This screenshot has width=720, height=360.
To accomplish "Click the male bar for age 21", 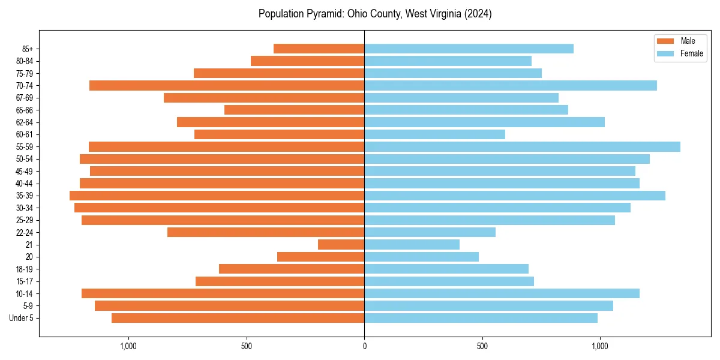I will [x=341, y=245].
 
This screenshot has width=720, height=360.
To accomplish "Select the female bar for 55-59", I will [x=522, y=147].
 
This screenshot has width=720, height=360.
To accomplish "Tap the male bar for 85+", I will [x=319, y=49].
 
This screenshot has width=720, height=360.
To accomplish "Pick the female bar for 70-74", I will [x=511, y=86].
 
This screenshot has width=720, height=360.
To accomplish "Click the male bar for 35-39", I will [x=217, y=196].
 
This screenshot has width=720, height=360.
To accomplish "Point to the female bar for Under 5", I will [x=481, y=318].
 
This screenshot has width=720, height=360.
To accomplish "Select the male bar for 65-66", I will [x=294, y=110].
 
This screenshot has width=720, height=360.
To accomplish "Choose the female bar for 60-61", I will [x=434, y=134].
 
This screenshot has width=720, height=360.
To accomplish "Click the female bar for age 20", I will [x=421, y=257].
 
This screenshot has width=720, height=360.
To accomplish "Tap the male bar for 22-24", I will [x=266, y=232].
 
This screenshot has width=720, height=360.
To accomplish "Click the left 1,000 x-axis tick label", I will [x=129, y=346].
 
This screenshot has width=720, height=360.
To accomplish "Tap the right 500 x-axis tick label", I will [x=482, y=346].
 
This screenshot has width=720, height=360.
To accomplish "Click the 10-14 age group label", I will [x=25, y=294].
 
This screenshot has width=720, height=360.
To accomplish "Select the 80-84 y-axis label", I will [x=25, y=61].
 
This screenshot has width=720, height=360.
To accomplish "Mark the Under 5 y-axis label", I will [x=22, y=318].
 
